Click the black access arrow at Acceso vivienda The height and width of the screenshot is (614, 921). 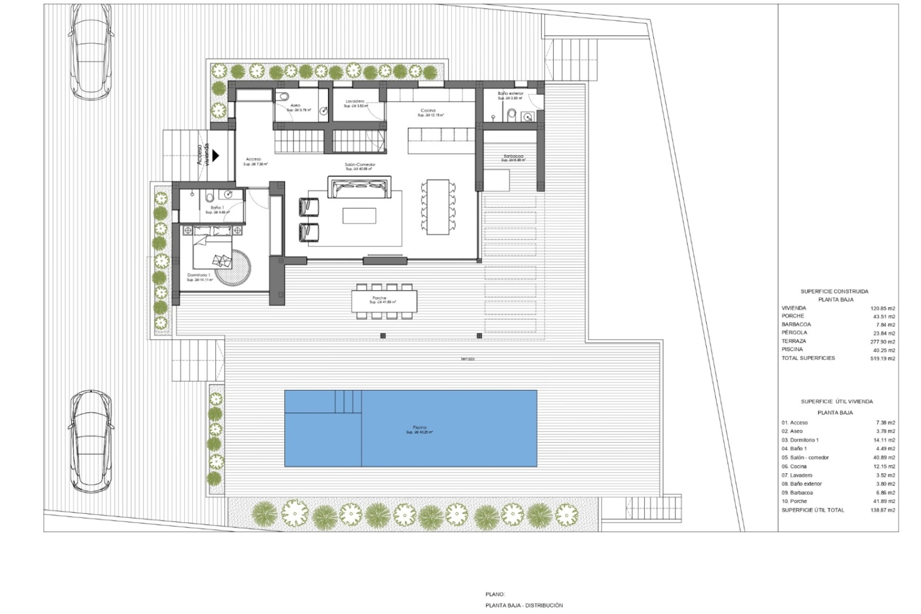[216, 155]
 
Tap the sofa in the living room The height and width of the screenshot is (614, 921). [359, 187]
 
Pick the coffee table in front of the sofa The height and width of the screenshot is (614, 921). [359, 216]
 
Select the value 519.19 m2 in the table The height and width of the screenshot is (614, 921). [883, 358]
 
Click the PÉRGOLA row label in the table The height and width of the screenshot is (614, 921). [794, 332]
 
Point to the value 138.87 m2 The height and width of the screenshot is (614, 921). [883, 510]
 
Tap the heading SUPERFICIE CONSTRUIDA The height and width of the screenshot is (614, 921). [834, 291]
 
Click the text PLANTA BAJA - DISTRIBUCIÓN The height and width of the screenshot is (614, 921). [524, 605]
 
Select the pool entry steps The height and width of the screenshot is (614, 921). [348, 401]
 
